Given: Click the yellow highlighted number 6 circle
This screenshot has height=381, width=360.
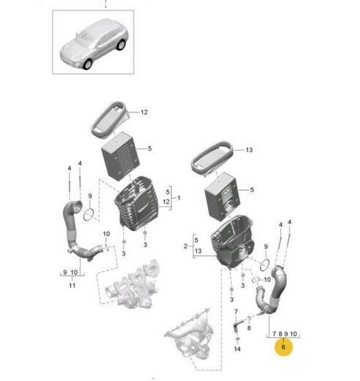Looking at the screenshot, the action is (x=283, y=347).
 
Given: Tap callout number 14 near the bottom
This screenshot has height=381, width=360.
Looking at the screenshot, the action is (x=237, y=349).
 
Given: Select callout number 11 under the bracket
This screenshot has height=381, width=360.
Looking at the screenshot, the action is (x=72, y=286).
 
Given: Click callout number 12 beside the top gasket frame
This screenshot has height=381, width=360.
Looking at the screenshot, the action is (x=144, y=112).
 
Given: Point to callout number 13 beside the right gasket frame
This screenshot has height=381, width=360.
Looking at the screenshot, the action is (x=249, y=150).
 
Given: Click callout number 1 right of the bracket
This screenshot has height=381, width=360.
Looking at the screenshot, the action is (x=179, y=198).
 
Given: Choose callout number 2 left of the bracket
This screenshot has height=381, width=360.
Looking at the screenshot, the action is (x=185, y=246).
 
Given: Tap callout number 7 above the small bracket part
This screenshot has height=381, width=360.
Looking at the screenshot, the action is (x=236, y=312).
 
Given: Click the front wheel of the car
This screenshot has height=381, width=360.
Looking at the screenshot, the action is (x=88, y=63).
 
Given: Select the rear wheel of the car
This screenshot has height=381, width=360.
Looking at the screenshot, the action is (x=121, y=45).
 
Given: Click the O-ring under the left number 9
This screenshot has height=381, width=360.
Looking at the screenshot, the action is (x=89, y=215).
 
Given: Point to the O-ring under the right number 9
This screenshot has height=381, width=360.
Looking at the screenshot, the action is (x=265, y=265).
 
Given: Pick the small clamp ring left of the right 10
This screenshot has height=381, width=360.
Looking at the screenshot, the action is (x=256, y=280).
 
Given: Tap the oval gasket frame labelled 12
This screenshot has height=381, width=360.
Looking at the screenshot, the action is (x=111, y=120).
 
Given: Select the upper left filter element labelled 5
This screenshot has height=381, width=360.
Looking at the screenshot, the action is (x=120, y=156).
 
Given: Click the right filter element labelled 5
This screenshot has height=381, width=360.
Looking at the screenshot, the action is (x=222, y=196).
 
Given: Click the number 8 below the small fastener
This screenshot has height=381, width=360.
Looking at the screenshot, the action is (x=249, y=328).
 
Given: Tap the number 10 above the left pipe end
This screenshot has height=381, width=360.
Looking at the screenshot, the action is (x=106, y=234).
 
